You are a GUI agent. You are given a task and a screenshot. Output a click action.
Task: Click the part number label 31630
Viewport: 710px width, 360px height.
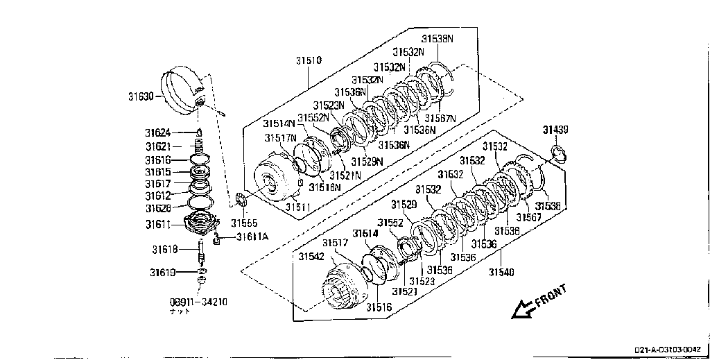point(141,97)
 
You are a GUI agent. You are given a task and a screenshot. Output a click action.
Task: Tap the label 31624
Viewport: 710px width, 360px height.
point(158,132)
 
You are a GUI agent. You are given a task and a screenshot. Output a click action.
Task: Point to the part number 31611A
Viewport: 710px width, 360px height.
point(252,237)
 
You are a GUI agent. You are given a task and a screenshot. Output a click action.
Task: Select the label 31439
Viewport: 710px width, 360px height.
point(555,130)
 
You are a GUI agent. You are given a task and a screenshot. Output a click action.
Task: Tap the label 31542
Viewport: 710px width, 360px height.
point(311,256)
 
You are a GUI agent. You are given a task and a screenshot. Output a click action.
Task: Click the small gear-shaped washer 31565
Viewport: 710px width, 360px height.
point(241,200)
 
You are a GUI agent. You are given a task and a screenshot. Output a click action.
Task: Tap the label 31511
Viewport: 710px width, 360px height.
point(300,207)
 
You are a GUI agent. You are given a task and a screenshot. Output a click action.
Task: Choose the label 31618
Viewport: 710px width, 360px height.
point(165,248)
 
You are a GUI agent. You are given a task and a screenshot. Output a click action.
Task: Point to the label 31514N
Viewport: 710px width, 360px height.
point(279,123)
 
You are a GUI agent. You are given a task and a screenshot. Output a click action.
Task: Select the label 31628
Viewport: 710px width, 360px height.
point(158,208)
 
